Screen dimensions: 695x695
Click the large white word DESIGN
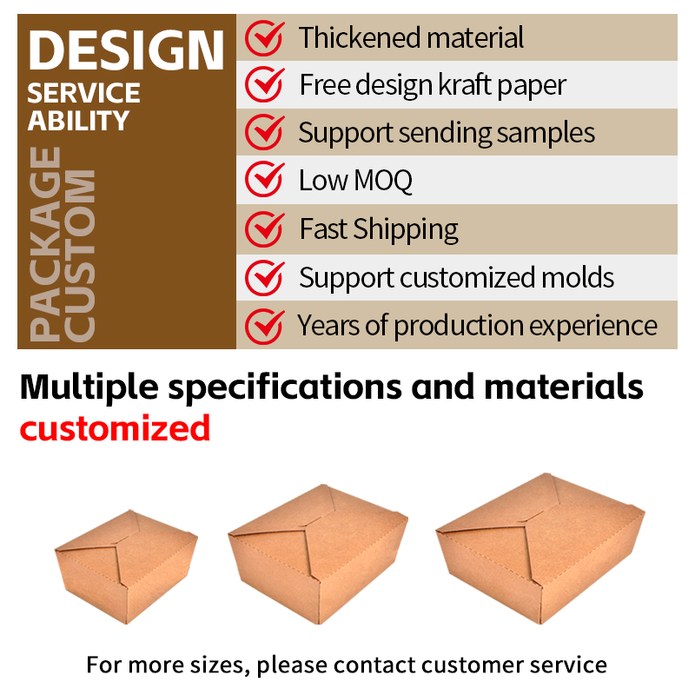click(126, 50)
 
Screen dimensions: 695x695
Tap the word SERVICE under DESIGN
click(83, 93)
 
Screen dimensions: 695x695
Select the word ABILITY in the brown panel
click(78, 121)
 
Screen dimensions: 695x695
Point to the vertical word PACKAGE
click(45, 244)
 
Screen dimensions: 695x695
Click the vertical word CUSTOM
click(80, 255)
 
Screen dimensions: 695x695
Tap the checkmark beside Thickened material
click(265, 38)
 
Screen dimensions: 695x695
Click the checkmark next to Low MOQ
click(265, 179)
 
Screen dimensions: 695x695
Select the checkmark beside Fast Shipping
click(265, 229)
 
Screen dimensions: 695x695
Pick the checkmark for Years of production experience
click(265, 327)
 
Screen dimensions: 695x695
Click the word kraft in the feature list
click(465, 84)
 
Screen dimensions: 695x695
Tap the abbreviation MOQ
click(383, 181)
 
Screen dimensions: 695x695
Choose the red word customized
click(115, 428)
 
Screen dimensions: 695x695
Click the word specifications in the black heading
click(285, 387)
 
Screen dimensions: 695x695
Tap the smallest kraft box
click(126, 566)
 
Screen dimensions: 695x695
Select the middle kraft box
click(318, 554)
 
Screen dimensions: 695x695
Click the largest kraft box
click(540, 548)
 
